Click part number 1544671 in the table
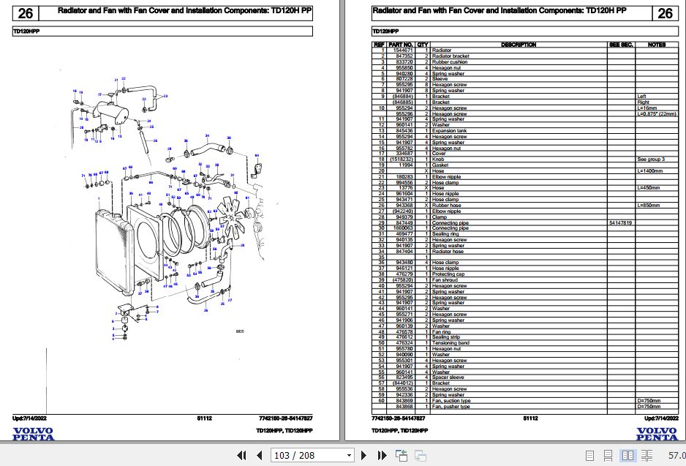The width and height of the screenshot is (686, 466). (404, 50)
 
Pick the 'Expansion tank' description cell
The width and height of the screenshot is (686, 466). (449, 131)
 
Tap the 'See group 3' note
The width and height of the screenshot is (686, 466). (651, 159)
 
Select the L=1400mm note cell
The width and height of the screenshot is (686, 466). (649, 171)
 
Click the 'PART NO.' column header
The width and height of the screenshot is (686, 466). (404, 45)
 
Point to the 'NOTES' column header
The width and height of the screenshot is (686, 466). (656, 45)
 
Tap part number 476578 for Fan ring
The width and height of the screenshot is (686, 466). (404, 332)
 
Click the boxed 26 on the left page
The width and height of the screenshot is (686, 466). (25, 13)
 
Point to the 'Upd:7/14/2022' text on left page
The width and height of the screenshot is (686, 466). (29, 418)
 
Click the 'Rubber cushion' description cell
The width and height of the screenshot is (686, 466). (451, 62)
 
